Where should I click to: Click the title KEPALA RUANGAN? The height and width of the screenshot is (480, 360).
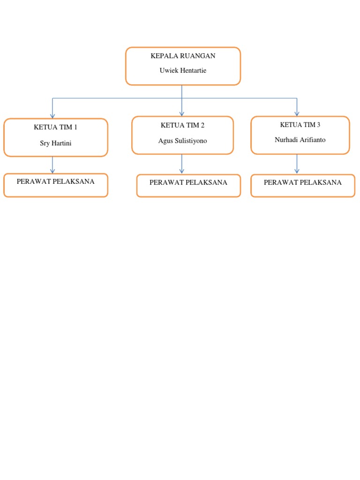[x=183, y=56]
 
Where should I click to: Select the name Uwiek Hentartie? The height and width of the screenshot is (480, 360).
[x=183, y=71]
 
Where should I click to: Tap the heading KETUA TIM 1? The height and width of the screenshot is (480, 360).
[x=55, y=127]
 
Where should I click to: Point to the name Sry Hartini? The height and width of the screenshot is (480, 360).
[x=55, y=143]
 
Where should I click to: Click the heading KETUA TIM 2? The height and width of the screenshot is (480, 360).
[x=182, y=125]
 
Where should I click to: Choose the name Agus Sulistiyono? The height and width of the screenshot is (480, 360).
[x=182, y=141]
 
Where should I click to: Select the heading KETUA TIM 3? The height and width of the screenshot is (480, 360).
[x=300, y=125]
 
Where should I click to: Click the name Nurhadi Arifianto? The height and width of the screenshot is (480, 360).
[x=300, y=140]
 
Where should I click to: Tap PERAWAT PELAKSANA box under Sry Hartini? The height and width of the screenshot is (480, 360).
[x=55, y=185]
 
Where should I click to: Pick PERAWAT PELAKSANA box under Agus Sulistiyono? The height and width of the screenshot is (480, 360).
[x=188, y=186]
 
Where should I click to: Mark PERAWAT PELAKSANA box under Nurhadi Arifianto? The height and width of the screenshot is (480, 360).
[x=303, y=186]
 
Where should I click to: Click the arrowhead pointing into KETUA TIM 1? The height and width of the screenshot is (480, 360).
[x=52, y=115]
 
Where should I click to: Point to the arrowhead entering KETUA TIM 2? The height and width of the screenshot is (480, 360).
[x=182, y=113]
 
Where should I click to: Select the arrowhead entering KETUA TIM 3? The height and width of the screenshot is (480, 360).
[x=297, y=113]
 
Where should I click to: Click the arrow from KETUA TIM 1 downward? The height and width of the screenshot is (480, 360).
[x=52, y=165]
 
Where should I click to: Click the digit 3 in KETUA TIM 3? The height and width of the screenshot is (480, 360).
[x=318, y=125]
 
